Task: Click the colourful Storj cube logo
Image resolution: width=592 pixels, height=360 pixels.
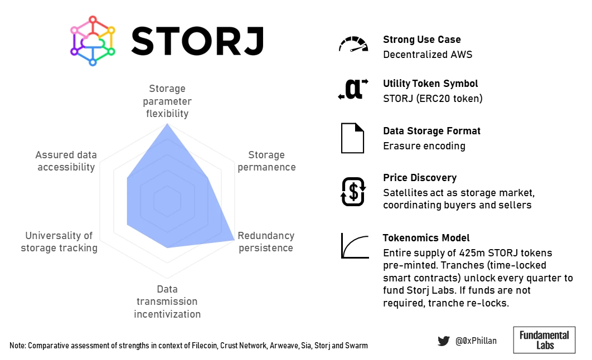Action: [93, 41]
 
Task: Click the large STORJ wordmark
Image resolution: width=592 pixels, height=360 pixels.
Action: [197, 41]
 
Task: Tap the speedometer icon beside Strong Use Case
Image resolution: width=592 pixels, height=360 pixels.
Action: [353, 44]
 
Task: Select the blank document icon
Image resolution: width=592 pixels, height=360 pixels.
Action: [353, 138]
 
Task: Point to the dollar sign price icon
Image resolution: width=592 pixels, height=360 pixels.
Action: [353, 192]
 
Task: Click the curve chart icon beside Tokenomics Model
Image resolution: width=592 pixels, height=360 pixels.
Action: [355, 246]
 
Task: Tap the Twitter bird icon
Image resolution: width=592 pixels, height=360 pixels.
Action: [444, 340]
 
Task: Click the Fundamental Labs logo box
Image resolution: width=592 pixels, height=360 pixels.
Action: [544, 340]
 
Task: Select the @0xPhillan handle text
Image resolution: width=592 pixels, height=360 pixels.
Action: [476, 340]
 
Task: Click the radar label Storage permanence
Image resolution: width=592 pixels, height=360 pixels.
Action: [266, 161]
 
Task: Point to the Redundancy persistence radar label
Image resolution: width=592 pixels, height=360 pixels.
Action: [266, 242]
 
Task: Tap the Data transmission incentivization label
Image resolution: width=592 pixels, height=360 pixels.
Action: [167, 301]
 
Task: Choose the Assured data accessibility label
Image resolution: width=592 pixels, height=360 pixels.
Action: [66, 161]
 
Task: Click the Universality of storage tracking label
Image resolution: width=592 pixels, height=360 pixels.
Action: [59, 242]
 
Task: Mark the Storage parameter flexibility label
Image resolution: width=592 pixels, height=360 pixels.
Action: [167, 101]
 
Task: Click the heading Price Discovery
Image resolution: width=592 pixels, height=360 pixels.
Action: [420, 178]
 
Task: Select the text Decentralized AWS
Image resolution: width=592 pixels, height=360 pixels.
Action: [428, 55]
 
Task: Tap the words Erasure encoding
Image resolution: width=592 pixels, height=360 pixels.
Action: [424, 146]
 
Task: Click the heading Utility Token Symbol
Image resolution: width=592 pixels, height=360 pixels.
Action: [430, 84]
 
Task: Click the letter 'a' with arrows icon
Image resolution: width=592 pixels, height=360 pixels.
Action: [353, 89]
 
